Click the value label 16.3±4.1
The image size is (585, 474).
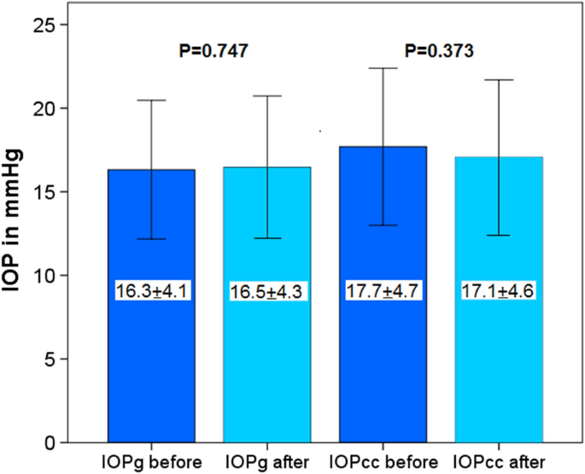(151, 291)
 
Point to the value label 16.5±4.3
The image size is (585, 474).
(267, 292)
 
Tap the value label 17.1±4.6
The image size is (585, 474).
(500, 291)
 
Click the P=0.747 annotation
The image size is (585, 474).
(214, 51)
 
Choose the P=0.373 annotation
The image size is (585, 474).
(439, 51)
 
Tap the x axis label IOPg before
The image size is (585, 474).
(153, 461)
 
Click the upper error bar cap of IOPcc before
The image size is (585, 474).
(383, 68)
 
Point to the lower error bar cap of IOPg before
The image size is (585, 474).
(151, 239)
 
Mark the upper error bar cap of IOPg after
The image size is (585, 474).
(267, 96)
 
